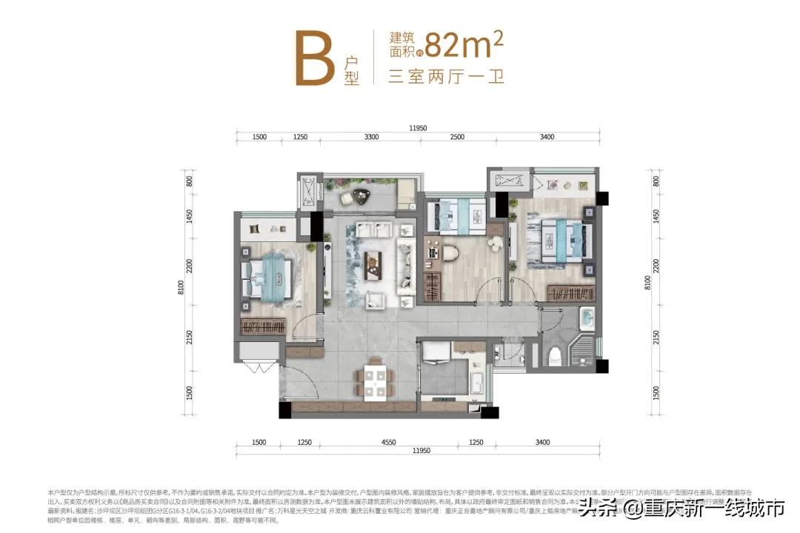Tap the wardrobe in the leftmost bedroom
[263, 326]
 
